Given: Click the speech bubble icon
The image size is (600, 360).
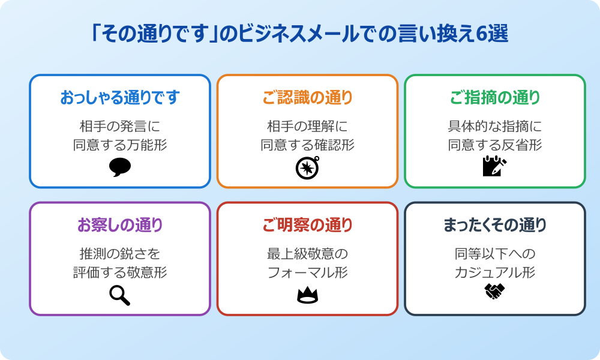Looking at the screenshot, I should coord(120,167).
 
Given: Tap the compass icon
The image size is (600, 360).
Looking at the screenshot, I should coord(307,167).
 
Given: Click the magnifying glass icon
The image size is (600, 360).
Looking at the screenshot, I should coord(119,295).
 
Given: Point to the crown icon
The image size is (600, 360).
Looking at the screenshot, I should coord(307,295).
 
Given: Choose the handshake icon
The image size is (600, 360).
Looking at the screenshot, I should coord(494,292).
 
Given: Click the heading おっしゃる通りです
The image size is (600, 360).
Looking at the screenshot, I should coord(120,97).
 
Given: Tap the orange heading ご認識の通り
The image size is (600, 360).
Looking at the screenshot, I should coord(307,97).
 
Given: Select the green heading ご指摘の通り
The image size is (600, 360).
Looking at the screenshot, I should coord(494,97).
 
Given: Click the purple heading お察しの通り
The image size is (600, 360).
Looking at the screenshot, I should coord(120,225).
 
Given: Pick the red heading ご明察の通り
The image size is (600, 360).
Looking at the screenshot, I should coord(307,225).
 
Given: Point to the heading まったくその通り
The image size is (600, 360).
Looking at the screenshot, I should coord(494,225).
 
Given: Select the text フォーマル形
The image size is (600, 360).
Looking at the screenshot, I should coord(307,272).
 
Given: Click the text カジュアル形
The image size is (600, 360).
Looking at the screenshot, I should coord(494,272).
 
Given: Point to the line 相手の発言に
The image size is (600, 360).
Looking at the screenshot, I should coord(120,127).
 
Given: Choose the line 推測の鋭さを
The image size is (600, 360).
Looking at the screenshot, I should coord(120,254).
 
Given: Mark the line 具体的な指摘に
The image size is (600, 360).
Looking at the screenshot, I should coord(494,127).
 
